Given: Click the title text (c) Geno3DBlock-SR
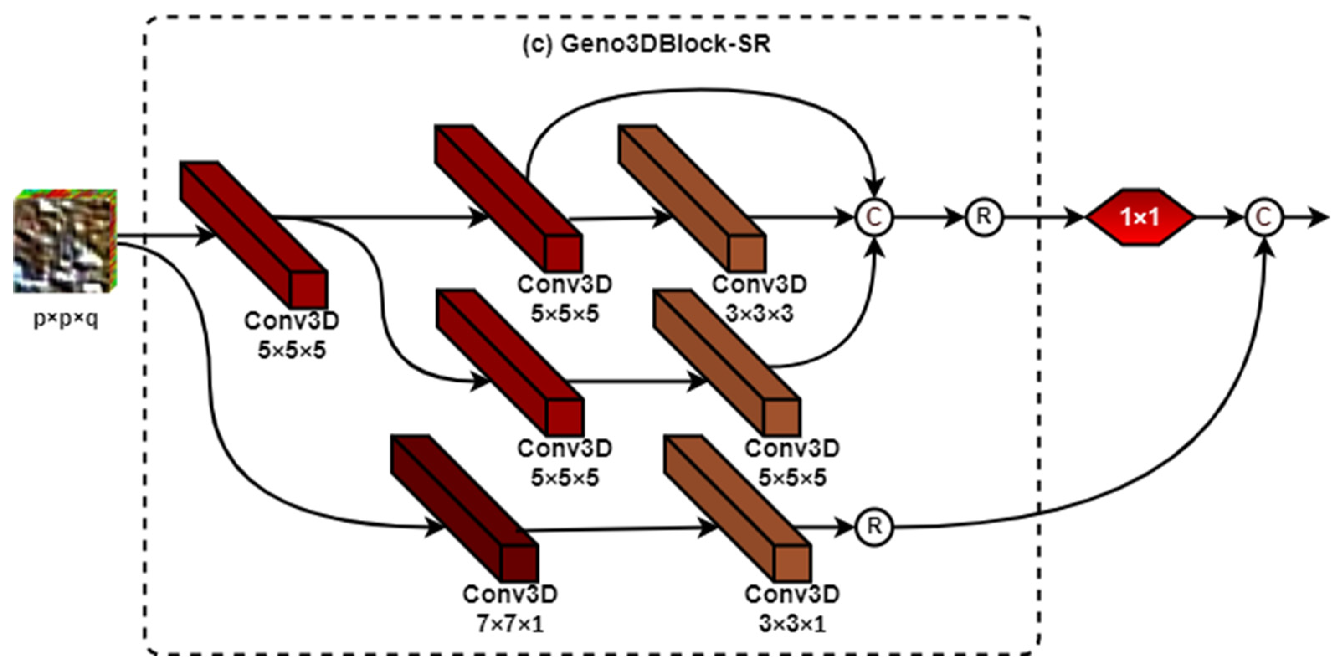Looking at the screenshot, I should point(646,45).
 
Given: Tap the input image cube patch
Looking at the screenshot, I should point(64,241).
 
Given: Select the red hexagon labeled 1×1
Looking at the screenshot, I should point(1139,217).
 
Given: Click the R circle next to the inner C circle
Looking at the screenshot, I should point(984,217).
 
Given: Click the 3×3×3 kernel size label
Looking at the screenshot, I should point(760,314).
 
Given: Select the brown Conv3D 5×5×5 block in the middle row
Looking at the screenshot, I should point(726,363).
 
